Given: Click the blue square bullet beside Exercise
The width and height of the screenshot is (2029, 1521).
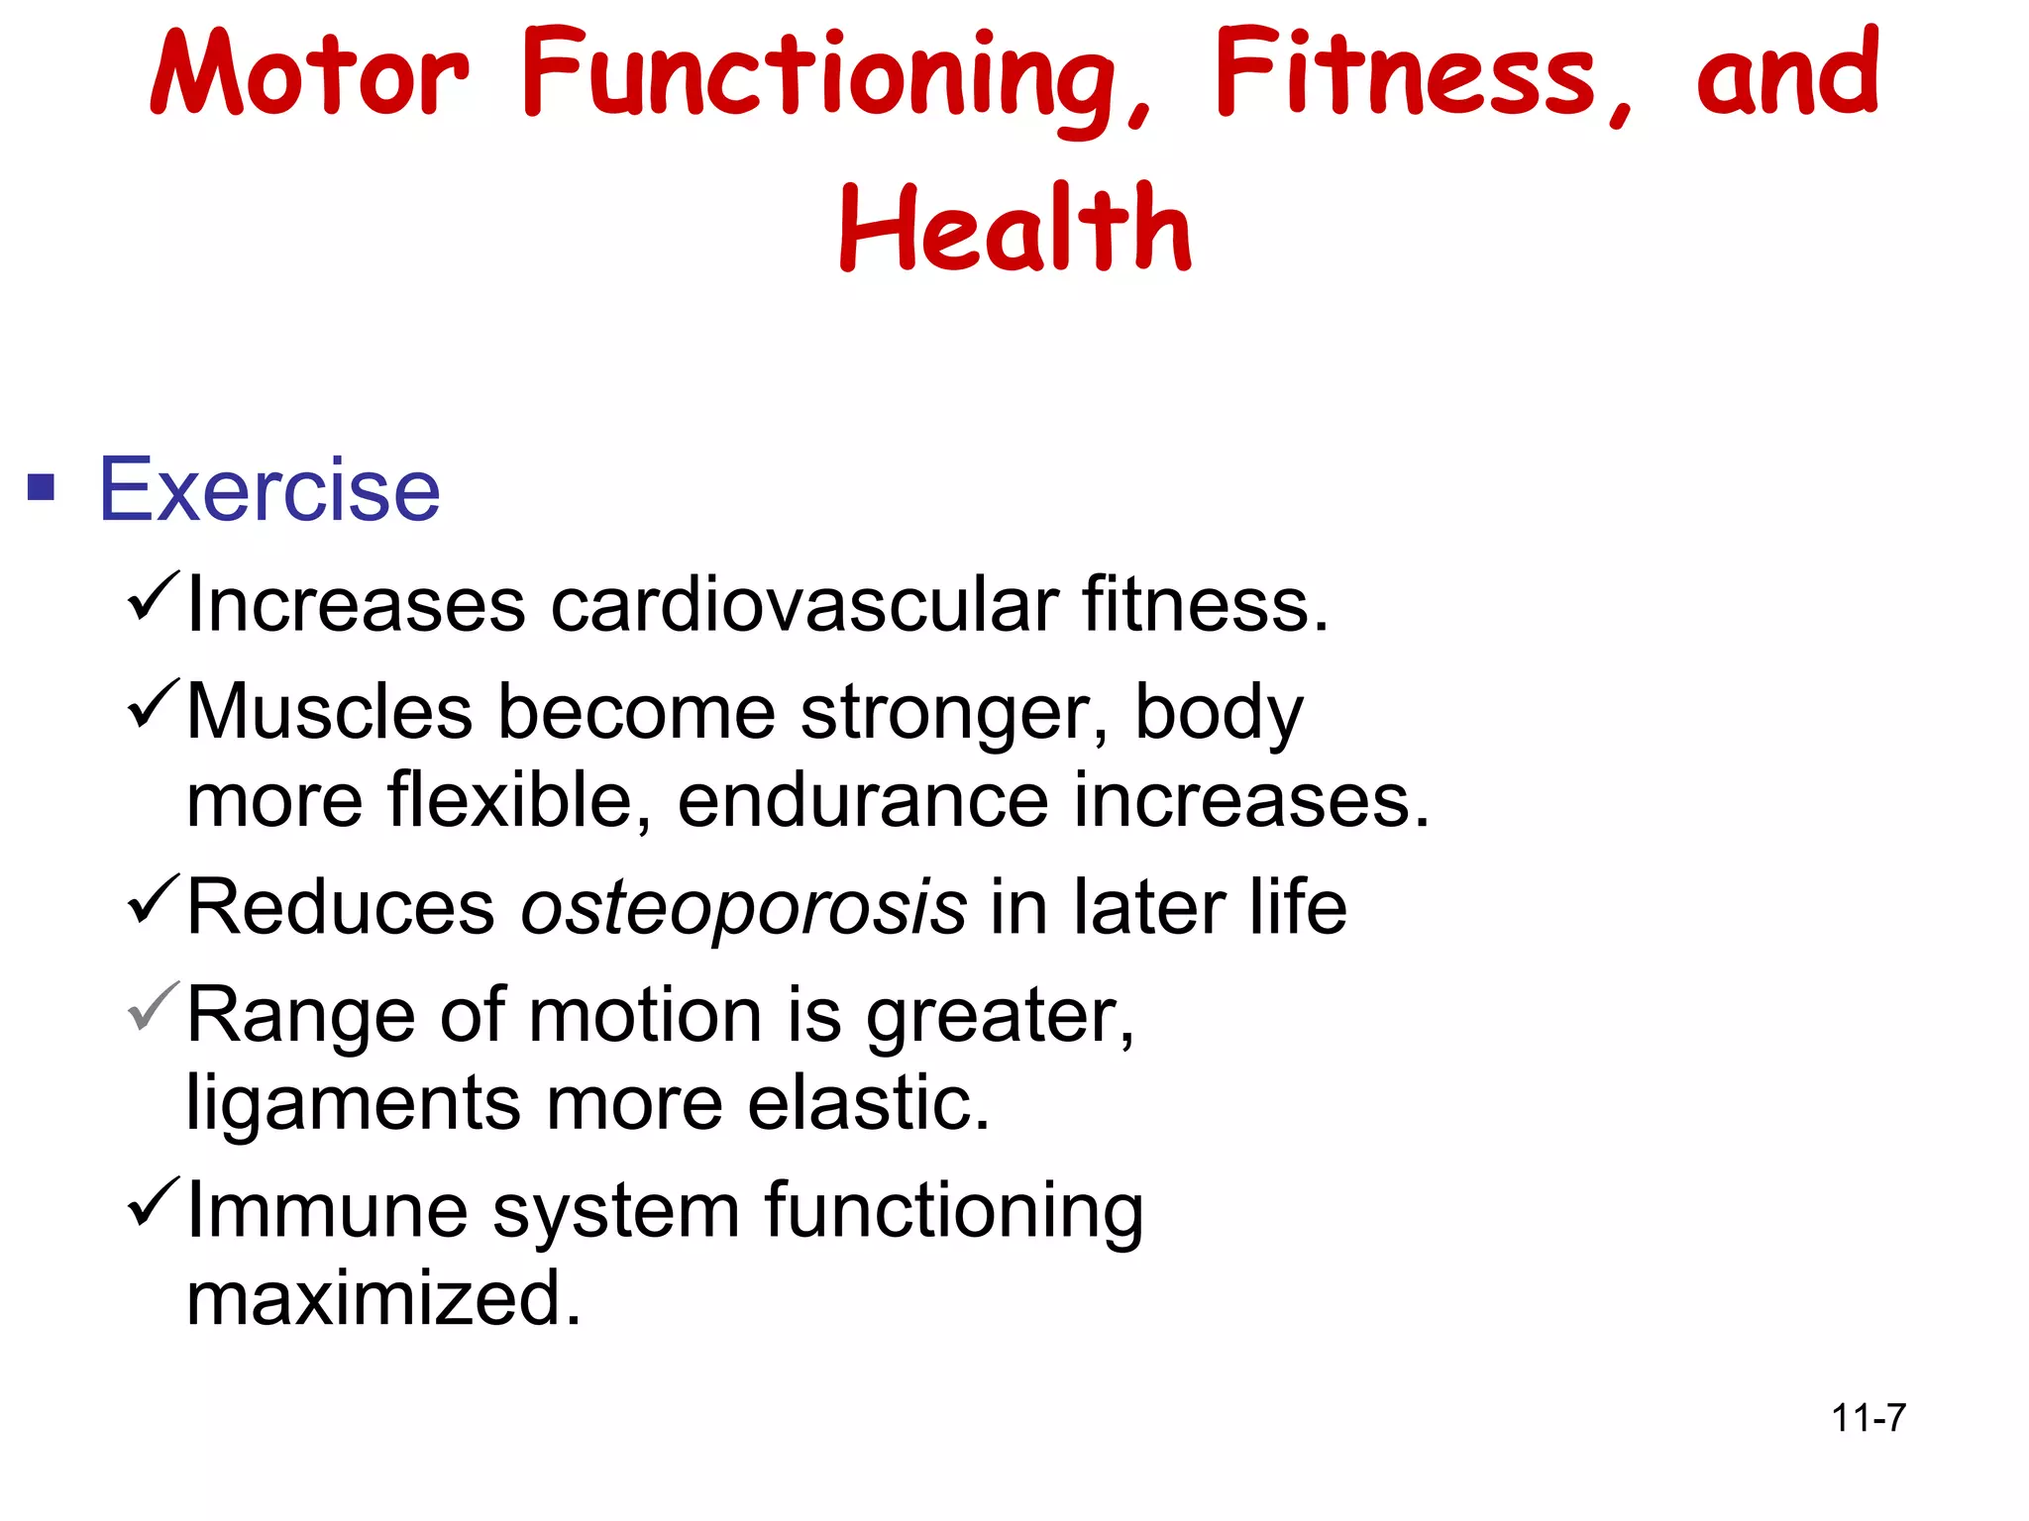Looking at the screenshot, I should [41, 487].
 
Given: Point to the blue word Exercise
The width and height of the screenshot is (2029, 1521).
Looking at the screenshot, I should [269, 489].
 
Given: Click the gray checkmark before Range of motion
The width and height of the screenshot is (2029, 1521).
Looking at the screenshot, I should [153, 1006].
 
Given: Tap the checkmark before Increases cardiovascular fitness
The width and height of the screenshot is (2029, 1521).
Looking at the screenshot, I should [153, 596].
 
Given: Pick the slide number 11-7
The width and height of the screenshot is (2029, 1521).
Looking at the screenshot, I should [1869, 1418].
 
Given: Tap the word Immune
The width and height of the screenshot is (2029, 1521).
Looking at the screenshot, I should [328, 1210].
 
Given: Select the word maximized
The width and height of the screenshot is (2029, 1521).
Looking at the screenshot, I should [383, 1299].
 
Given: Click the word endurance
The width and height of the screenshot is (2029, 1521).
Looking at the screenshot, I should [863, 801].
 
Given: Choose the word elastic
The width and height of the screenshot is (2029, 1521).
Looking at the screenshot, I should [869, 1103].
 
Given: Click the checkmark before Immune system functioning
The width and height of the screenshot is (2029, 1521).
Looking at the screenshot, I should [153, 1200].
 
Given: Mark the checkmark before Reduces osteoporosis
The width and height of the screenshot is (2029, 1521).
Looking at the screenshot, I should [153, 899].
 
